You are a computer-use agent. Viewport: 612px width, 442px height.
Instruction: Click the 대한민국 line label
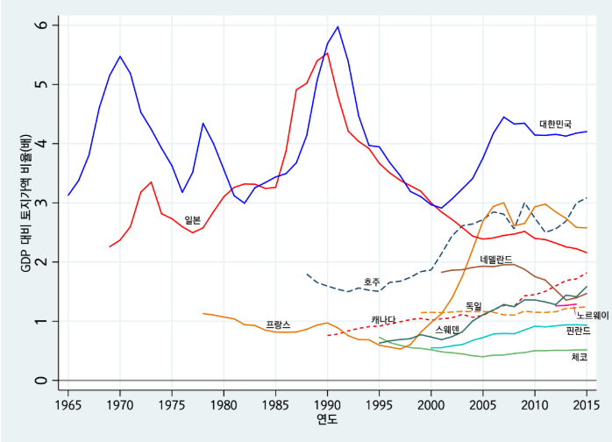pos(555,125)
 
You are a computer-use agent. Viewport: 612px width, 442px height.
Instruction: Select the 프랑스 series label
pos(278,324)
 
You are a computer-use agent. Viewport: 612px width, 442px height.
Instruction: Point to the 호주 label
pos(373,282)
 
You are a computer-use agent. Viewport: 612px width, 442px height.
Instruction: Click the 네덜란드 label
pos(496,260)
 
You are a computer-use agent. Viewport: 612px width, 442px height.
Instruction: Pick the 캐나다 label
pos(383,319)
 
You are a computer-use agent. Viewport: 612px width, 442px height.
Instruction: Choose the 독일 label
pos(473,306)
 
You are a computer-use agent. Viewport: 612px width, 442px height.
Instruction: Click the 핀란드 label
pos(579,331)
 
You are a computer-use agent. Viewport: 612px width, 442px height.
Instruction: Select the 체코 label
pos(579,357)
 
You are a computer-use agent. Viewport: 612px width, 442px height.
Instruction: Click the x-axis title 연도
pos(327,421)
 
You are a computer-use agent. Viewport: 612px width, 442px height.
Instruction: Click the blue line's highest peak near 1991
pos(338,26)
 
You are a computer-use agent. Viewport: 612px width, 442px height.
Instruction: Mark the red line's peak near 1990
pos(327,53)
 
